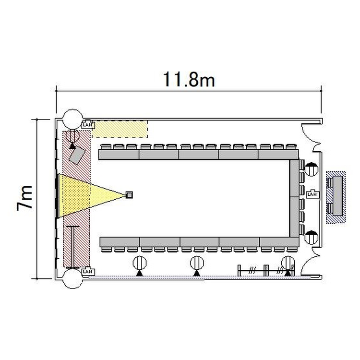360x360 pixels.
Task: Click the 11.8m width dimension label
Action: [x=189, y=79]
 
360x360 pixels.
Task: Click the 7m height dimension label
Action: [x=24, y=198]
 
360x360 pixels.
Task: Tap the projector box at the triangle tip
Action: [x=130, y=195]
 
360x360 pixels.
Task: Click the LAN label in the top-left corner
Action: [x=88, y=125]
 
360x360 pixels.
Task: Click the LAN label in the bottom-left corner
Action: [x=88, y=272]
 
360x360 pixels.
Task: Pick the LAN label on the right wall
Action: [x=312, y=194]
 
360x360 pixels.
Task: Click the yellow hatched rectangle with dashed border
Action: [x=120, y=129]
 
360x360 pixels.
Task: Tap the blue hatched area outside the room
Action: [x=336, y=197]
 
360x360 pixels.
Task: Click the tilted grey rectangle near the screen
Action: [x=77, y=155]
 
